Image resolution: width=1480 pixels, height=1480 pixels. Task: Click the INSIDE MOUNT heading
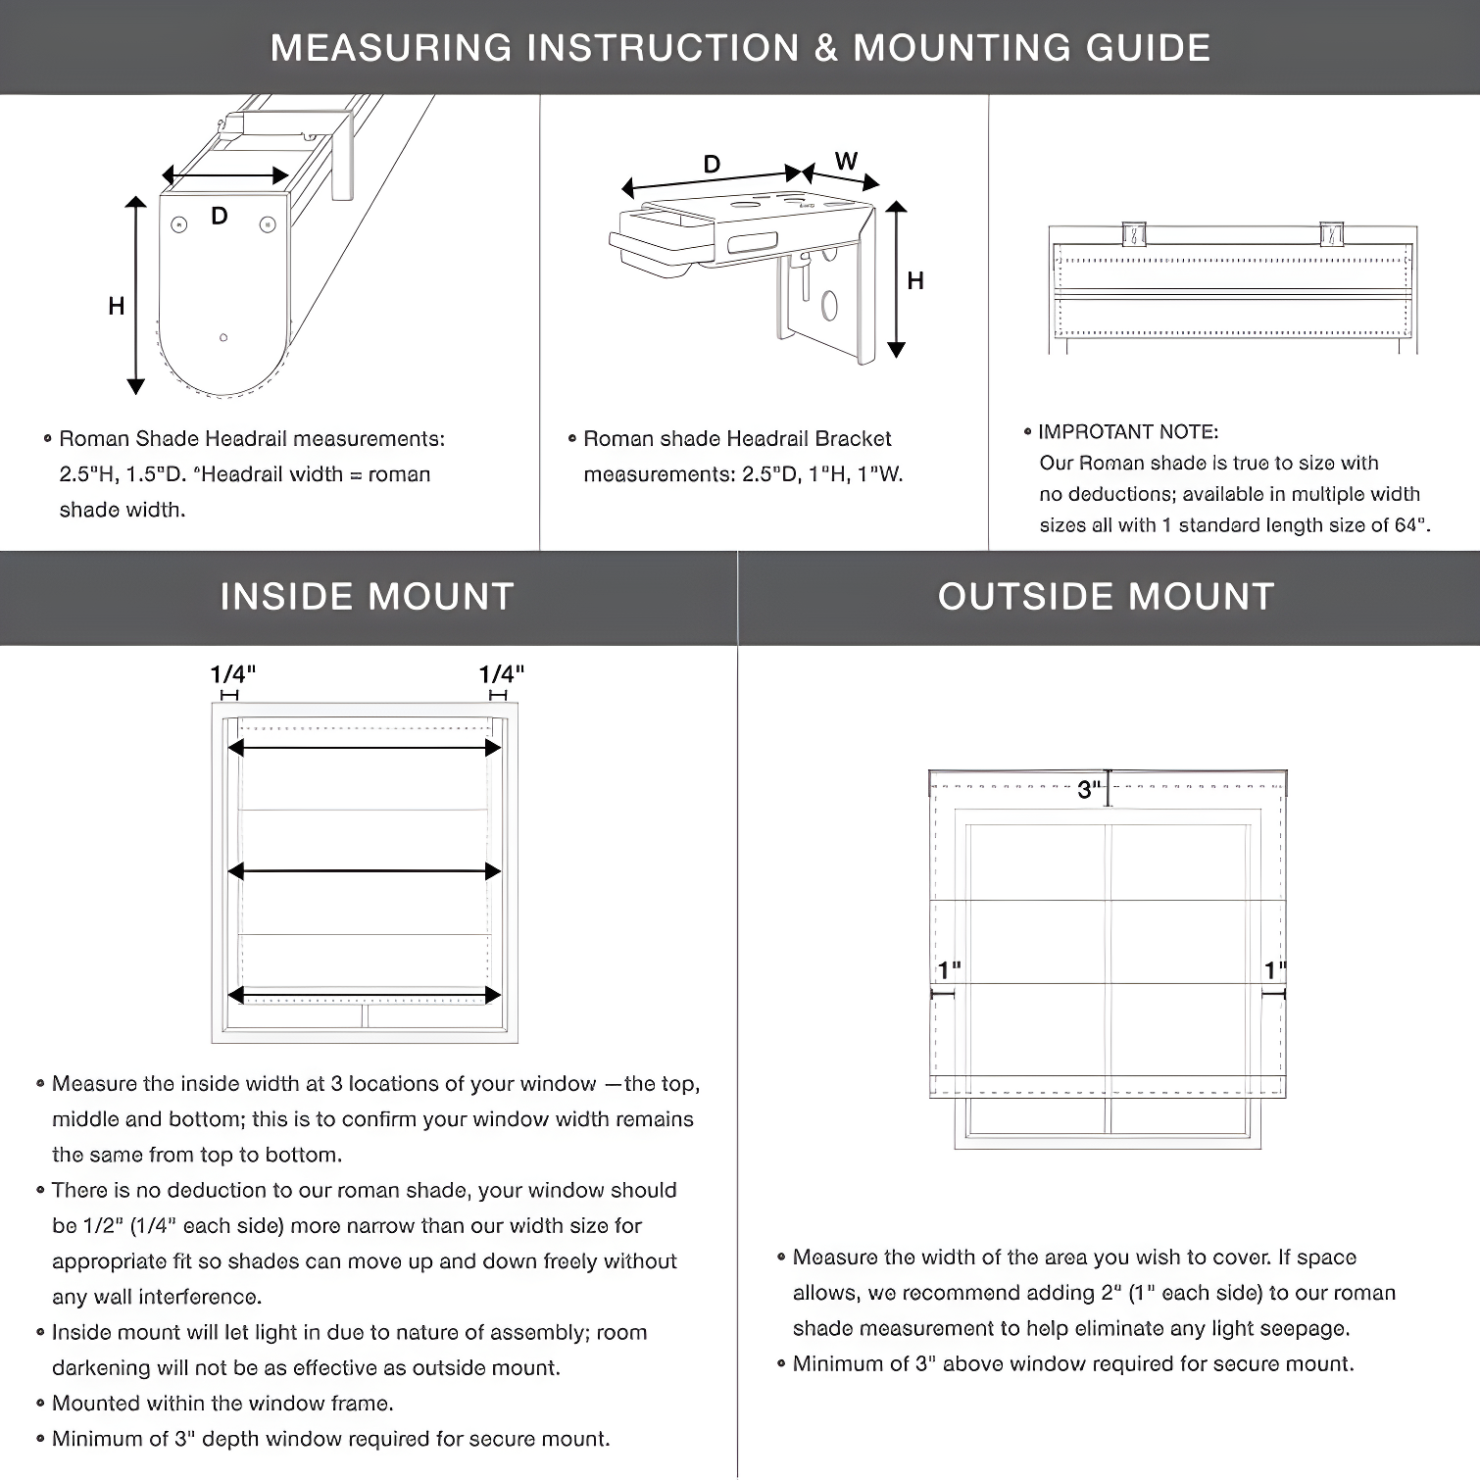367,597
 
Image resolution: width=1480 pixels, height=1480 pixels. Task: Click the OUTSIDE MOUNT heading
1106,597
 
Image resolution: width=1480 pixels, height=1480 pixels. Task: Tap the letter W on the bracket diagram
846,161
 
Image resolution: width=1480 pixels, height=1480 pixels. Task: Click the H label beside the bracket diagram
915,281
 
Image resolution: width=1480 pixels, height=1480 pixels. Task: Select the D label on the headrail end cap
220,216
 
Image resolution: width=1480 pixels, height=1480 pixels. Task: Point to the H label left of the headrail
117,307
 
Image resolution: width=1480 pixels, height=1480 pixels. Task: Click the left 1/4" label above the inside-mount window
232,674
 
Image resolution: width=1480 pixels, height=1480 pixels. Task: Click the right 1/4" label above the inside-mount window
501,674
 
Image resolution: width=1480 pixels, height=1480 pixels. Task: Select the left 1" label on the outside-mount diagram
949,970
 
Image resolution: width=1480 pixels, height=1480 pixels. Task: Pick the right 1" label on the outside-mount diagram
1274,970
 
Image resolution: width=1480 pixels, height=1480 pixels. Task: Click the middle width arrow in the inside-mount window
365,870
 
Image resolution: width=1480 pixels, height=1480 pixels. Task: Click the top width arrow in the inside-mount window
365,748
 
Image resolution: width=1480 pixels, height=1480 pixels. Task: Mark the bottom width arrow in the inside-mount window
365,996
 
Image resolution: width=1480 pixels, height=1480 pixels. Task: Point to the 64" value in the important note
1410,525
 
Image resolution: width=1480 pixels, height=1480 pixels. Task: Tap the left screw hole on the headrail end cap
178,225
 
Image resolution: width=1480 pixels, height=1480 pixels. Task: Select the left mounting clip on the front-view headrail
1134,234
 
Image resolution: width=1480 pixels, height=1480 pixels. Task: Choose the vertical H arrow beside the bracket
896,280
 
